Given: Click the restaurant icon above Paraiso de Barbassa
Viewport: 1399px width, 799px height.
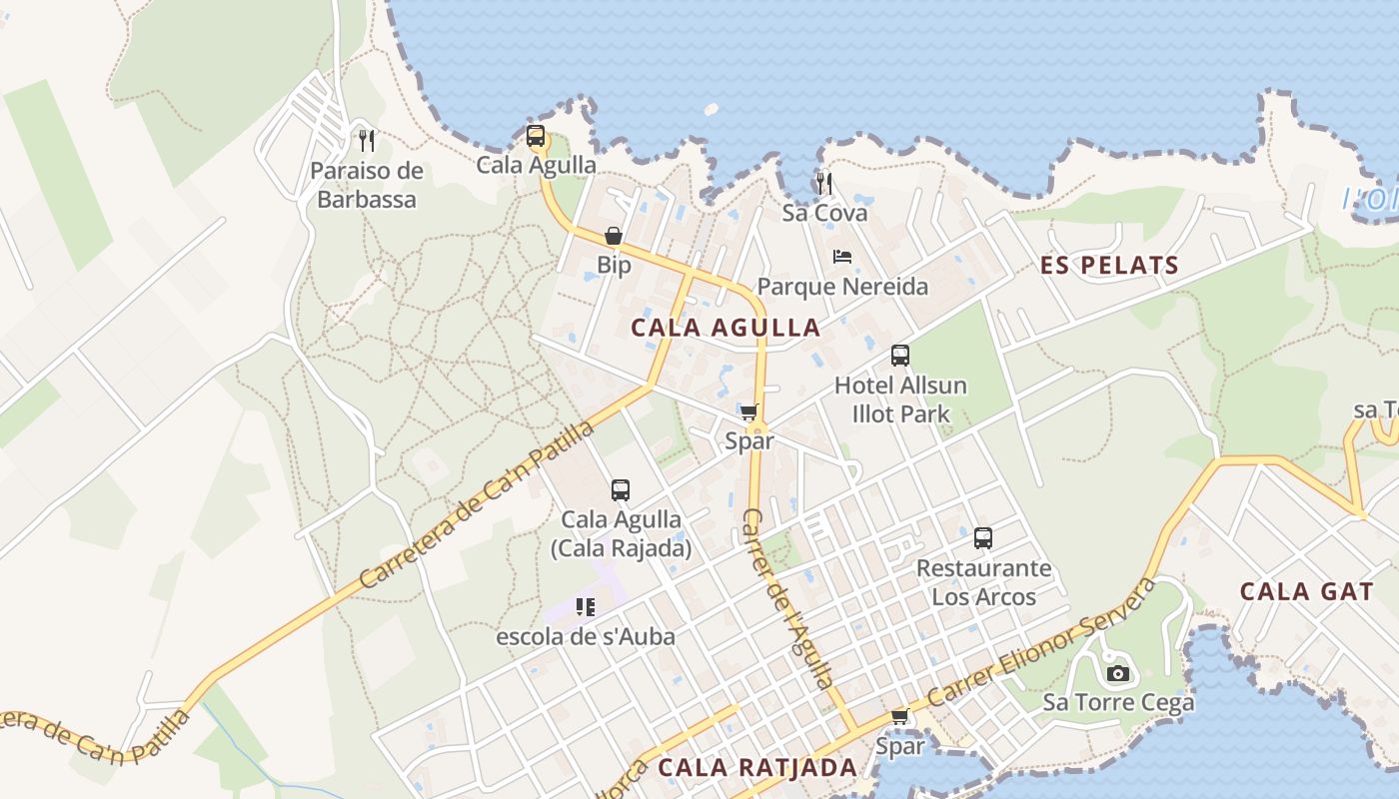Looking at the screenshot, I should pyautogui.click(x=367, y=140).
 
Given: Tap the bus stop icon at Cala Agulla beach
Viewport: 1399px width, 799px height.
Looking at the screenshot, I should pyautogui.click(x=536, y=136).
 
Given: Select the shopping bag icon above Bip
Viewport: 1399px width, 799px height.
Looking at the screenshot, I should pyautogui.click(x=614, y=237).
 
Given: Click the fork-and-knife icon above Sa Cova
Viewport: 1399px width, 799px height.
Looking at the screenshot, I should pyautogui.click(x=823, y=183).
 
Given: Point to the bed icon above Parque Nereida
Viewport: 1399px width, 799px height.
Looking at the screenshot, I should pyautogui.click(x=842, y=257).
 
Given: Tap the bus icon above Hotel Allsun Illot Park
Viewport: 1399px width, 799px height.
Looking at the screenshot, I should pyautogui.click(x=900, y=356).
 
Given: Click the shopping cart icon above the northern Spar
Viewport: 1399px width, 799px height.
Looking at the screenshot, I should pyautogui.click(x=749, y=411).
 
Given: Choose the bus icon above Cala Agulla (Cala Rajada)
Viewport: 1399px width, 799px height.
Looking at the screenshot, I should pyautogui.click(x=621, y=490).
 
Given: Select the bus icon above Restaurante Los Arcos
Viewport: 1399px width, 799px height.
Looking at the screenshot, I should pyautogui.click(x=983, y=538).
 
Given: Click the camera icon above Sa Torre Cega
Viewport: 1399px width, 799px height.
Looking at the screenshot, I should pyautogui.click(x=1118, y=674).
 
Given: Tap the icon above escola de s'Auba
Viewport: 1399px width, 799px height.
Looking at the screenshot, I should pyautogui.click(x=586, y=606).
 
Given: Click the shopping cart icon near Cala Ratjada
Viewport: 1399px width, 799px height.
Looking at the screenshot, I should pyautogui.click(x=899, y=716).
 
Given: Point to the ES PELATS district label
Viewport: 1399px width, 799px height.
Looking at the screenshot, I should pyautogui.click(x=1109, y=266).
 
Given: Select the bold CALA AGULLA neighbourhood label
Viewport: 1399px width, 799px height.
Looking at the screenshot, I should pyautogui.click(x=725, y=328).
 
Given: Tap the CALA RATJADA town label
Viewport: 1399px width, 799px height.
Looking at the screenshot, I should pyautogui.click(x=757, y=767).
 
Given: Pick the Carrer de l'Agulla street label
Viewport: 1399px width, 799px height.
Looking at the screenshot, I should pyautogui.click(x=786, y=597).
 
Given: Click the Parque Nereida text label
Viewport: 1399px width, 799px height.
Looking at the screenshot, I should pyautogui.click(x=842, y=288).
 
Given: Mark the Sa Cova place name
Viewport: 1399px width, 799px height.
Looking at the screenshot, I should pyautogui.click(x=824, y=213).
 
